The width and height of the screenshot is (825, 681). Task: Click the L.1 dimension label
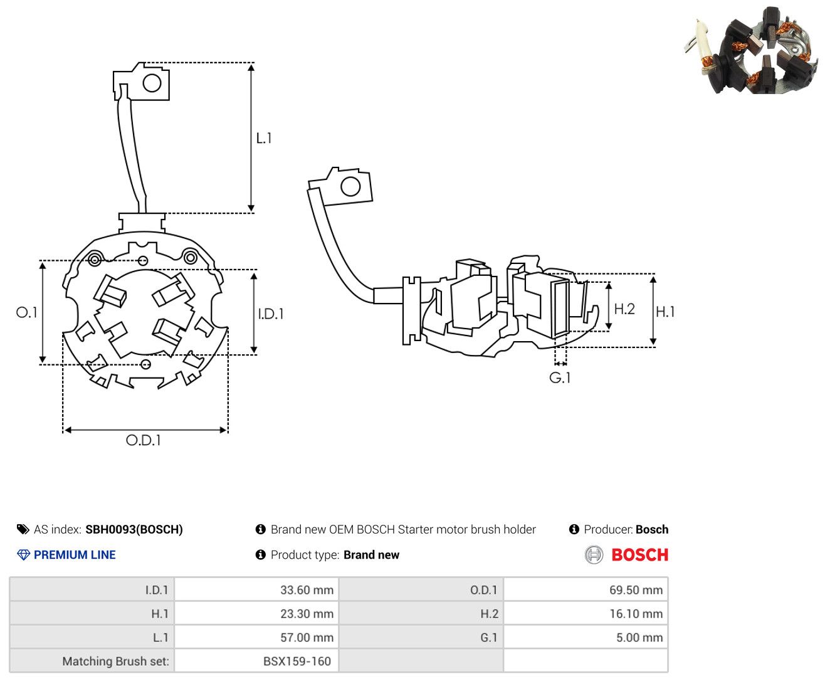pos(263,139)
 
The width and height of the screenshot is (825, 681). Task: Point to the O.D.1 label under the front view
pos(144,440)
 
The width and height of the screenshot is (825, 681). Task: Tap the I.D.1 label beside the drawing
pos(271,314)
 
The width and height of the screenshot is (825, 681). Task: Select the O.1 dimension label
pos(26,312)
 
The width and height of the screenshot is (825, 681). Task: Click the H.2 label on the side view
pos(624,309)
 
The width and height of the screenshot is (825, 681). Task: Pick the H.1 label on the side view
pos(665,312)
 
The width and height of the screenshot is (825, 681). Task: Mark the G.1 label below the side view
pos(560,378)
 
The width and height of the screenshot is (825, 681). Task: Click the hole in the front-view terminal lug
pos(152,83)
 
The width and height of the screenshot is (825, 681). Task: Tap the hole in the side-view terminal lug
pos(350,186)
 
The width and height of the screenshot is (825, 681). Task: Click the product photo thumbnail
pos(752,50)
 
